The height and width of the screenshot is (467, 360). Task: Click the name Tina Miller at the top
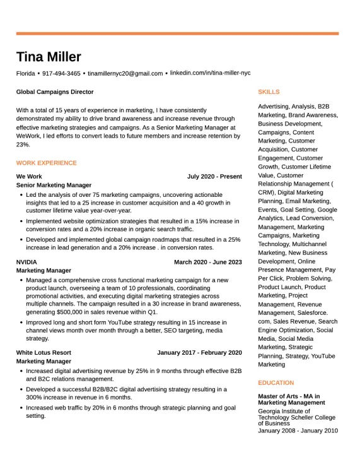coord(49,57)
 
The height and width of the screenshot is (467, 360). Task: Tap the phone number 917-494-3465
coord(61,74)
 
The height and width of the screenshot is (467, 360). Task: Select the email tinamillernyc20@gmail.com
coord(125,74)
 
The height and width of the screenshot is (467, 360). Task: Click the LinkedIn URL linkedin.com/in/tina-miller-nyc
coord(210,73)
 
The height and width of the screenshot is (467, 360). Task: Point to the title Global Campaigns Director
coord(55,92)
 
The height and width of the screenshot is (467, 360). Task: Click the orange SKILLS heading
coord(269,92)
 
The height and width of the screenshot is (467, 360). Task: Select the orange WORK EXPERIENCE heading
coord(47,163)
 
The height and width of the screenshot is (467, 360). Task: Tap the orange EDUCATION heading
coord(276,383)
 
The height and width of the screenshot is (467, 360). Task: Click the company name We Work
coord(29,177)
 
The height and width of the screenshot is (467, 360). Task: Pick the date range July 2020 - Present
coord(214,177)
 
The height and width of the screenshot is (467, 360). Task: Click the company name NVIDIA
coord(26,262)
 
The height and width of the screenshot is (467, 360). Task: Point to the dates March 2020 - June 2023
coord(207,262)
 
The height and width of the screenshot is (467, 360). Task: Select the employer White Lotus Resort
coord(44,353)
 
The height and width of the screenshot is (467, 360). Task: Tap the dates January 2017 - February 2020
coord(199,353)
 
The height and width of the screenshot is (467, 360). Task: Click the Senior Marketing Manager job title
coord(54,186)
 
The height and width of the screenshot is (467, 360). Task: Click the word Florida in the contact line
coord(26,74)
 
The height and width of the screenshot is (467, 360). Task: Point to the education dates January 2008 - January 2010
coord(298,431)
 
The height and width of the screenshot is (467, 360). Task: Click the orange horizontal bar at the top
coord(177,33)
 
